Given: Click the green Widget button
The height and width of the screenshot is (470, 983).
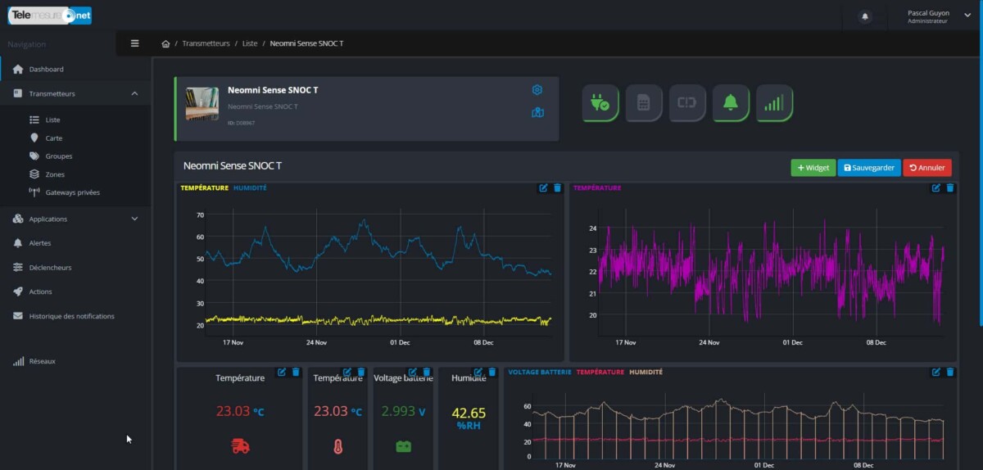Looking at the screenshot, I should [813, 168].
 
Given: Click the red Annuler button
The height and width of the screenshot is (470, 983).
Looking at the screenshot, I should [927, 168].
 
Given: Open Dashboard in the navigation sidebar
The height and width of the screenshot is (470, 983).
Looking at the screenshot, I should [46, 70].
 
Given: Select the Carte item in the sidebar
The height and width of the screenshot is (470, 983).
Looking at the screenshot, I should [54, 138].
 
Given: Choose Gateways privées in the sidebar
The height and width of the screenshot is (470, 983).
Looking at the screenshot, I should [72, 192].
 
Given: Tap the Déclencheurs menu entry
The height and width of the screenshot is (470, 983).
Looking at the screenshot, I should [50, 268].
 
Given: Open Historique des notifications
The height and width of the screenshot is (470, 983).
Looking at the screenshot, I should [71, 316].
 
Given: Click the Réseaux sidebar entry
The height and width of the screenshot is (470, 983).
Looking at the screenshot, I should [42, 361].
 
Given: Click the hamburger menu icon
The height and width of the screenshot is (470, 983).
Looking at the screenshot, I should [135, 43].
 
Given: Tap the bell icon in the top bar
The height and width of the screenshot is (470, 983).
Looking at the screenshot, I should [865, 16].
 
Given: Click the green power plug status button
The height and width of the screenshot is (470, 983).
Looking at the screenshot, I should [600, 103].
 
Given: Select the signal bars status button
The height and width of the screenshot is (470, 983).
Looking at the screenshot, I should [774, 103].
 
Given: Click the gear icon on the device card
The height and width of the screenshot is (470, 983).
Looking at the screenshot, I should [537, 90].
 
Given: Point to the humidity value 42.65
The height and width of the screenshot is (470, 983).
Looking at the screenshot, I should [469, 414].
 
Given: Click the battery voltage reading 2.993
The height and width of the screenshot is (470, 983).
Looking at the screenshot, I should [398, 411].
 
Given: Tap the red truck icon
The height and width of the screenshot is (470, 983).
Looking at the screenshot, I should [240, 446].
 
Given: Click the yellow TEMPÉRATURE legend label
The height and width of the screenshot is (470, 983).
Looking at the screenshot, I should [204, 188].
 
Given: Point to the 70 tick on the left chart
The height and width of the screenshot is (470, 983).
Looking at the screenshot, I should [200, 215].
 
